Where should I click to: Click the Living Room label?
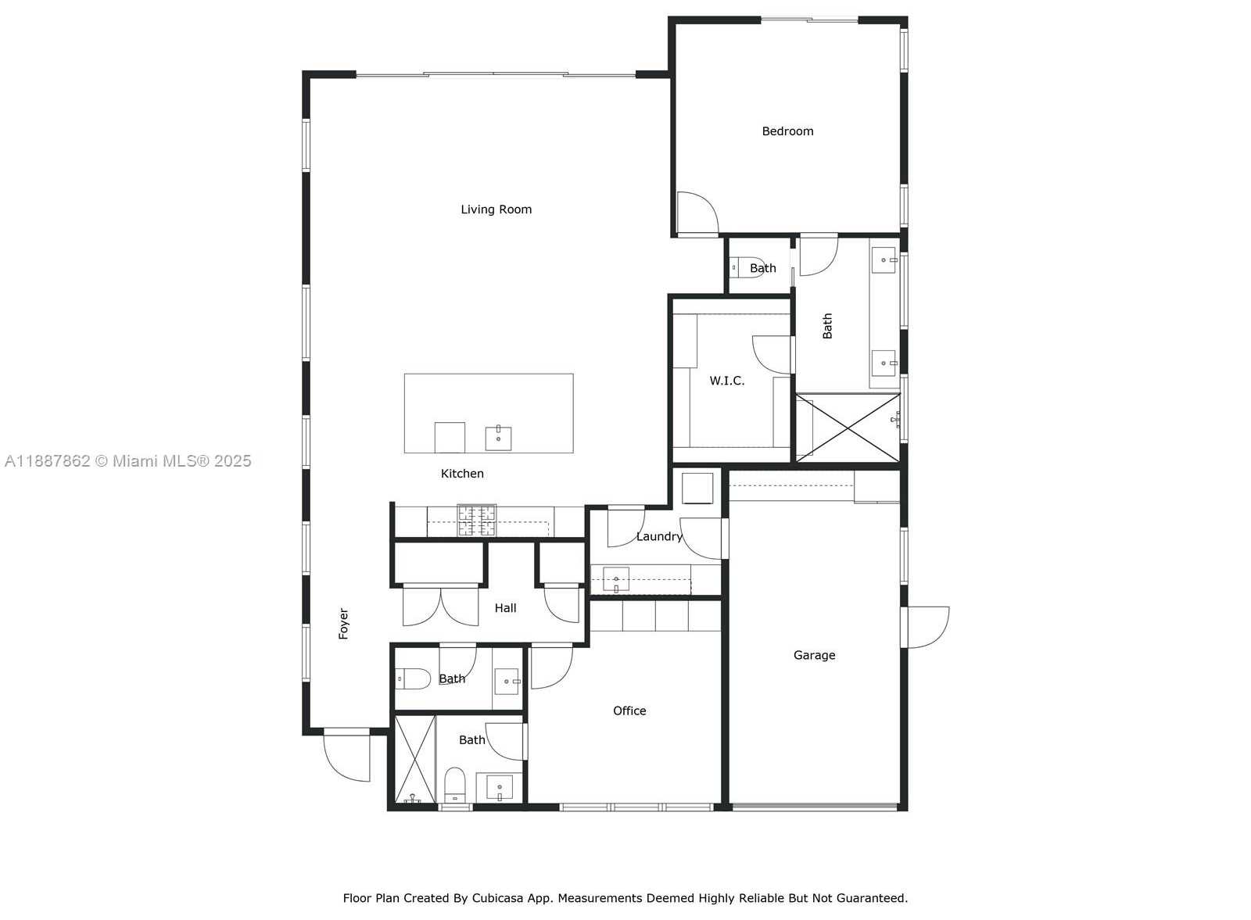click(x=496, y=209)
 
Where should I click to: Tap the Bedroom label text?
click(x=787, y=131)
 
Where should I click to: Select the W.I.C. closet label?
click(x=726, y=381)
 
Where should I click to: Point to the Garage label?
click(x=814, y=655)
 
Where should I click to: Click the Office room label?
click(x=629, y=711)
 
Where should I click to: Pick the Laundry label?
click(x=659, y=536)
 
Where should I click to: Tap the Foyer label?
click(x=343, y=624)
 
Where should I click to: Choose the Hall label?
click(x=505, y=608)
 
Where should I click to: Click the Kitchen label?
click(x=462, y=474)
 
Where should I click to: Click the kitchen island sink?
click(x=498, y=438)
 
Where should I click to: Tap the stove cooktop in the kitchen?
click(x=476, y=521)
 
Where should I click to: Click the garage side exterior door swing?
click(x=925, y=628)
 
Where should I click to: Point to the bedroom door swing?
click(x=697, y=213)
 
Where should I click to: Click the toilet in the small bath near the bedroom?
click(x=746, y=268)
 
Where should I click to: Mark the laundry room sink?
click(x=616, y=579)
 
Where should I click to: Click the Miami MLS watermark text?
click(x=128, y=461)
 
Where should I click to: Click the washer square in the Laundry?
click(x=697, y=489)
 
